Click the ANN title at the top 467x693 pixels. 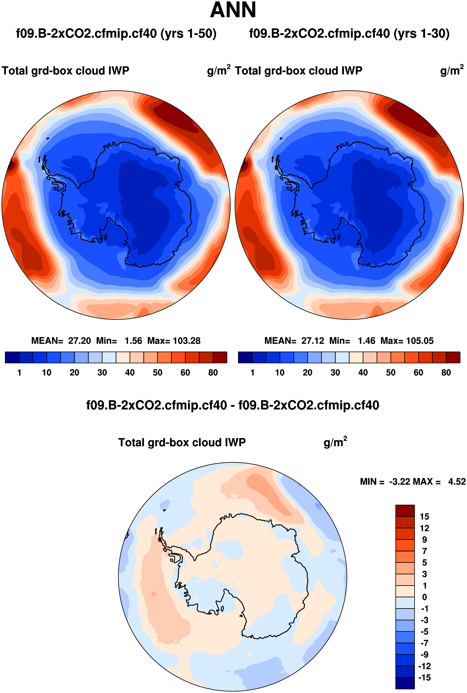coord(233,10)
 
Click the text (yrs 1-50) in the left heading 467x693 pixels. coord(189,33)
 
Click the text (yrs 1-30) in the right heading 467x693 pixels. coord(422,33)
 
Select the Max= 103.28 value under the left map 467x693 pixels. coord(174,341)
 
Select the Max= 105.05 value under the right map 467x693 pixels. coord(407,341)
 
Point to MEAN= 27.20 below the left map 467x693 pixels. coord(61,341)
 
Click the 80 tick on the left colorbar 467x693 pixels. coord(213,372)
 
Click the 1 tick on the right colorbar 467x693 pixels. coord(253,372)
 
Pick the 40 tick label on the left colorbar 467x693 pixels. coord(130,372)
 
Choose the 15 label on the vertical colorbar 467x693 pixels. coord(424,517)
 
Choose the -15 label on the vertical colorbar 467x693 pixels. coord(424,678)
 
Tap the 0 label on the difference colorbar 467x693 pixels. coord(425,597)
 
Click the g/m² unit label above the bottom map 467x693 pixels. coord(335,442)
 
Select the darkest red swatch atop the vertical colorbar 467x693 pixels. coord(405,511)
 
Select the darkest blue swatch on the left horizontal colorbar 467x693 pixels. coord(12,357)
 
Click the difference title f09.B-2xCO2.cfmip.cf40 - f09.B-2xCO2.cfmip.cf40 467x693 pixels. coord(233,405)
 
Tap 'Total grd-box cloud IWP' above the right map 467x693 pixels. coord(298,71)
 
